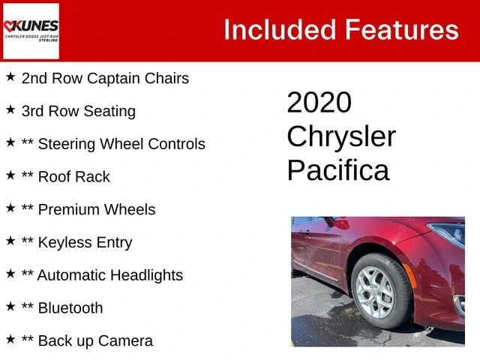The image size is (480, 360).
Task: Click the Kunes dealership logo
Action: (x=31, y=31)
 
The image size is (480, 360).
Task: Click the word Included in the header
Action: (x=280, y=30)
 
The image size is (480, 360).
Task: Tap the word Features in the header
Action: (x=402, y=30)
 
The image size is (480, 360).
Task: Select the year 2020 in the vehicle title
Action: (x=319, y=102)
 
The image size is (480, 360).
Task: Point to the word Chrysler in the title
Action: (x=341, y=137)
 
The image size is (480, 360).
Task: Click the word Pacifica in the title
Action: (x=338, y=169)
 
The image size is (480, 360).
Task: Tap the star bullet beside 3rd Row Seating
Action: (x=10, y=109)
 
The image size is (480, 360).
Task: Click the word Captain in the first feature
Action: (x=114, y=79)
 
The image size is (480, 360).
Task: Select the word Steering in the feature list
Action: (x=67, y=144)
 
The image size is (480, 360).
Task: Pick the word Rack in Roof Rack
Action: (x=92, y=177)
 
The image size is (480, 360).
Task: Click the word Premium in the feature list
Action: (x=68, y=210)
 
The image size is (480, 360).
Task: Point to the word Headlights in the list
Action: (x=147, y=275)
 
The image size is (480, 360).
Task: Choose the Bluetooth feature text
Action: (x=70, y=308)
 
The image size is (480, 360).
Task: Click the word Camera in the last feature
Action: (x=125, y=340)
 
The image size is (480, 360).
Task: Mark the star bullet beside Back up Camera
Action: (x=10, y=339)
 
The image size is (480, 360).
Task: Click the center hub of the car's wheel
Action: (x=376, y=292)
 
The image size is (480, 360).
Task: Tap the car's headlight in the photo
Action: (x=447, y=234)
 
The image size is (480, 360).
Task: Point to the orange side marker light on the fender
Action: (x=410, y=275)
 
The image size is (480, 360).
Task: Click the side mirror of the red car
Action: (x=337, y=223)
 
